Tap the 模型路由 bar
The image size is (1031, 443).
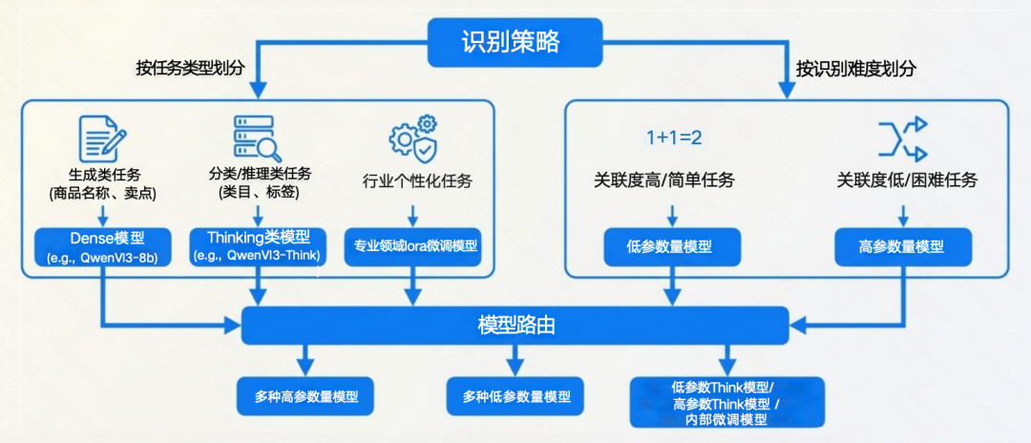515,326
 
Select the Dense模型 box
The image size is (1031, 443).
102,247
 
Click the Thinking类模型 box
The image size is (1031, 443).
258,247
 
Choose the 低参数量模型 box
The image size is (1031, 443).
671,246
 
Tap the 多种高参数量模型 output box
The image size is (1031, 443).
305,395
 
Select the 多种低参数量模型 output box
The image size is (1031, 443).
516,395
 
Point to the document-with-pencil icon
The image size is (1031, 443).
101,137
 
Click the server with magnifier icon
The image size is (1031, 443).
257,137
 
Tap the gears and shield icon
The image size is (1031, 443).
413,137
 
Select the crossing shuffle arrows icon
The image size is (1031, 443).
902,137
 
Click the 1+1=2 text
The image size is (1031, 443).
674,137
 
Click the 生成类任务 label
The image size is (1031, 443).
101,175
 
